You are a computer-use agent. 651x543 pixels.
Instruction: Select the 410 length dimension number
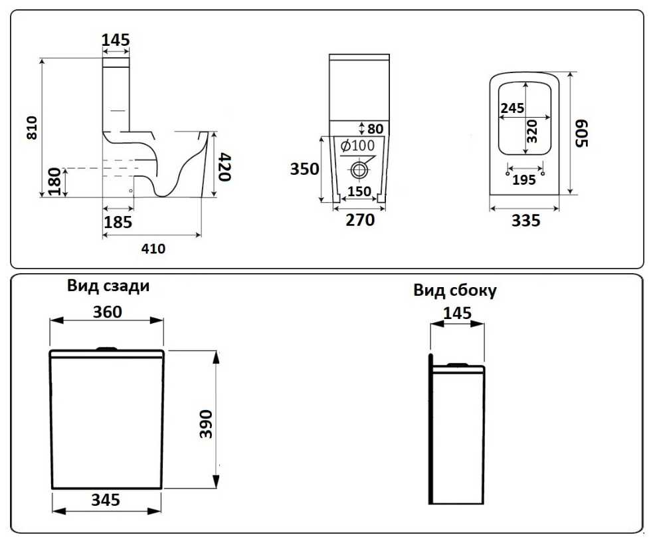[152, 249]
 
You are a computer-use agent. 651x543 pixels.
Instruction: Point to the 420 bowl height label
[225, 165]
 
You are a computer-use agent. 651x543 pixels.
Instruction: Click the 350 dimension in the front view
[304, 169]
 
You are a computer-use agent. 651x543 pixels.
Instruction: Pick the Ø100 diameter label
[357, 146]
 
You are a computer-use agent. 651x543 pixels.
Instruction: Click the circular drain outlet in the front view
[359, 169]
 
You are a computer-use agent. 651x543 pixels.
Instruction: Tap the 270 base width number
[360, 219]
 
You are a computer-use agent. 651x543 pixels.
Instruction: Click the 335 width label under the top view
[525, 221]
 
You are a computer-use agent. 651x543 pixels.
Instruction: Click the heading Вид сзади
[108, 286]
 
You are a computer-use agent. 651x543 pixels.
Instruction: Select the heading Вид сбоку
[455, 291]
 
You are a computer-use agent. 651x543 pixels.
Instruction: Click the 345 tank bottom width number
[106, 500]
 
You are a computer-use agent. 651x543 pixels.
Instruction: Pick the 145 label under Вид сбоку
[457, 313]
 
